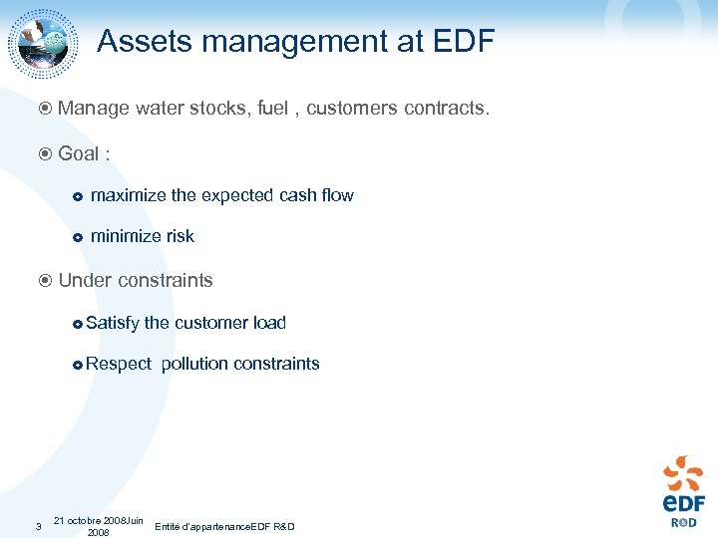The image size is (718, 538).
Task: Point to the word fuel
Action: coord(272,108)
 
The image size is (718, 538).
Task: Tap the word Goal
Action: coord(79,153)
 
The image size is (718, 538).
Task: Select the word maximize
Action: coord(128,195)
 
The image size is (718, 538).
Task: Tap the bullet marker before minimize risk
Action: coord(77,237)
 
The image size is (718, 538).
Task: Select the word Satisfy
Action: coord(113,323)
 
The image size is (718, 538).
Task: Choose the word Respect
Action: coord(119,364)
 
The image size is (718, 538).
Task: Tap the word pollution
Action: coord(194,364)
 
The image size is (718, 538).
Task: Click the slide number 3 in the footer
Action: coord(35,526)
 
